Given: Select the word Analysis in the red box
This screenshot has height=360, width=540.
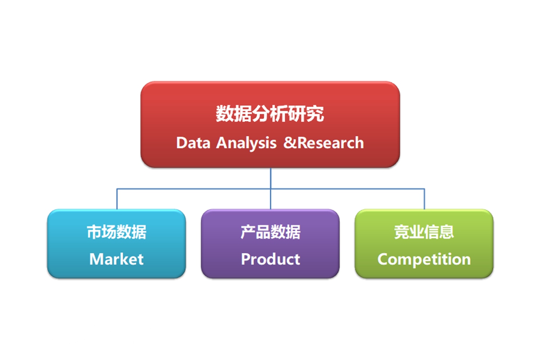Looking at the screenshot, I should [246, 143].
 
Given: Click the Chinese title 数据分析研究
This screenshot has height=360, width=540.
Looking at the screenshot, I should [270, 114].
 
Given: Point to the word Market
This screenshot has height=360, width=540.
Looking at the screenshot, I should [116, 259].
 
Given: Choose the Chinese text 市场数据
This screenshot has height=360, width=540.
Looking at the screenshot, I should [116, 232].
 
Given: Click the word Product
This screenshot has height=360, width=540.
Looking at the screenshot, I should [270, 259].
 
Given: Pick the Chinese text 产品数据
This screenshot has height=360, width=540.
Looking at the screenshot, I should [270, 232].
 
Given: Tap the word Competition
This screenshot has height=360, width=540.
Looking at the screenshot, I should [424, 259].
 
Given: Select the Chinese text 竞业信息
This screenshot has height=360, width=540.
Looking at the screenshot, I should [424, 232].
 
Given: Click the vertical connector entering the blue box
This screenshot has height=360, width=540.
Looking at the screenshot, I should [117, 199].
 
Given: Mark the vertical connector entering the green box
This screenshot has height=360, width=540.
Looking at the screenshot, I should [424, 199].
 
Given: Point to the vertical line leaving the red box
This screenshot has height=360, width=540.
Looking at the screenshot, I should [270, 178].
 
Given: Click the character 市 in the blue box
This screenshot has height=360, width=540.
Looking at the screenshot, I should [94, 232].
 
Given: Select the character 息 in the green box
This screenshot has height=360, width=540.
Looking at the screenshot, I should [446, 232].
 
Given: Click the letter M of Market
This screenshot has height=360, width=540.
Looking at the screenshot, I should [95, 259].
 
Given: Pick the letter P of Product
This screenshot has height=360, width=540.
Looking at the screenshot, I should [246, 259].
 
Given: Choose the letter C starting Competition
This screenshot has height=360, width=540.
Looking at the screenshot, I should [383, 259].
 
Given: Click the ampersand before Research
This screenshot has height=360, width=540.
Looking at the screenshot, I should [288, 143].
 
